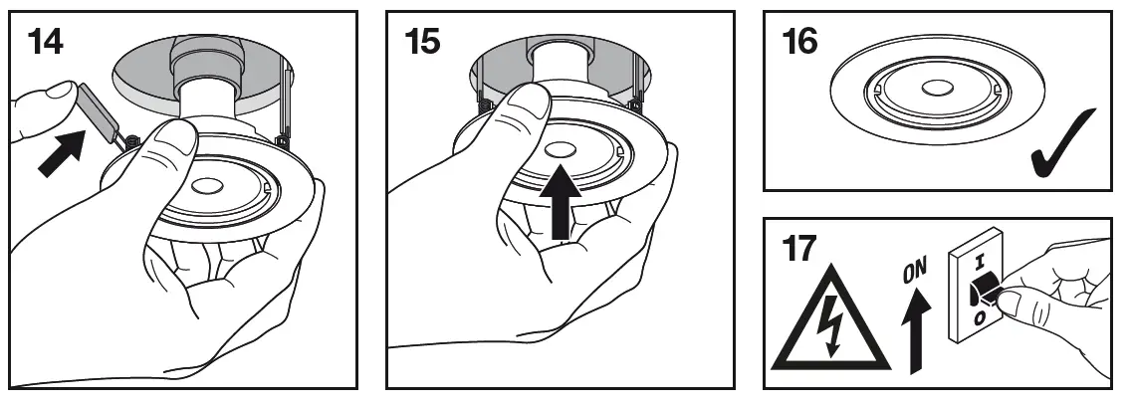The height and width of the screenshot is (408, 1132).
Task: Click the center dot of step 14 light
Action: [x=207, y=186]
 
